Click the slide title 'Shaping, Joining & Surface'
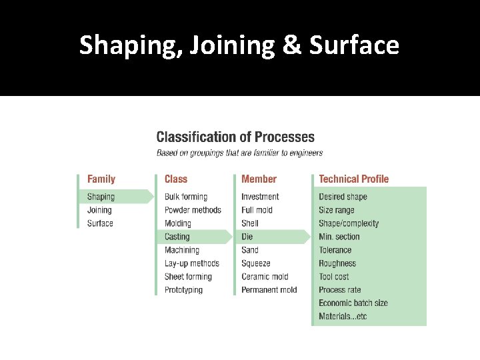(x=239, y=45)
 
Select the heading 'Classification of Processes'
(x=235, y=137)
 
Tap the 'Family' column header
(x=101, y=179)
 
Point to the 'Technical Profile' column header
(x=353, y=179)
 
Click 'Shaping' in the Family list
(x=101, y=197)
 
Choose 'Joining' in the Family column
(x=99, y=210)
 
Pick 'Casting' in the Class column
(x=177, y=237)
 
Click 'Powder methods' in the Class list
(x=193, y=210)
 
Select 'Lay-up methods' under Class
(x=192, y=263)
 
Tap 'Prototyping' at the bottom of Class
(x=183, y=290)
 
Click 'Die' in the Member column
(x=247, y=237)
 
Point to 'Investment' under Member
(x=260, y=197)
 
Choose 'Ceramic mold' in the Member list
(x=265, y=277)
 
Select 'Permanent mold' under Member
(x=269, y=290)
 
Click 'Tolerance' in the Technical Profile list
(x=335, y=250)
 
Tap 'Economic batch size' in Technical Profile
(x=353, y=303)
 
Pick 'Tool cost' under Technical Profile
(x=334, y=277)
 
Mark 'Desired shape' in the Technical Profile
(x=343, y=197)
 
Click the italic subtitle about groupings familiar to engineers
(x=239, y=153)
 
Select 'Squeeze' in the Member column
(x=256, y=263)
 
